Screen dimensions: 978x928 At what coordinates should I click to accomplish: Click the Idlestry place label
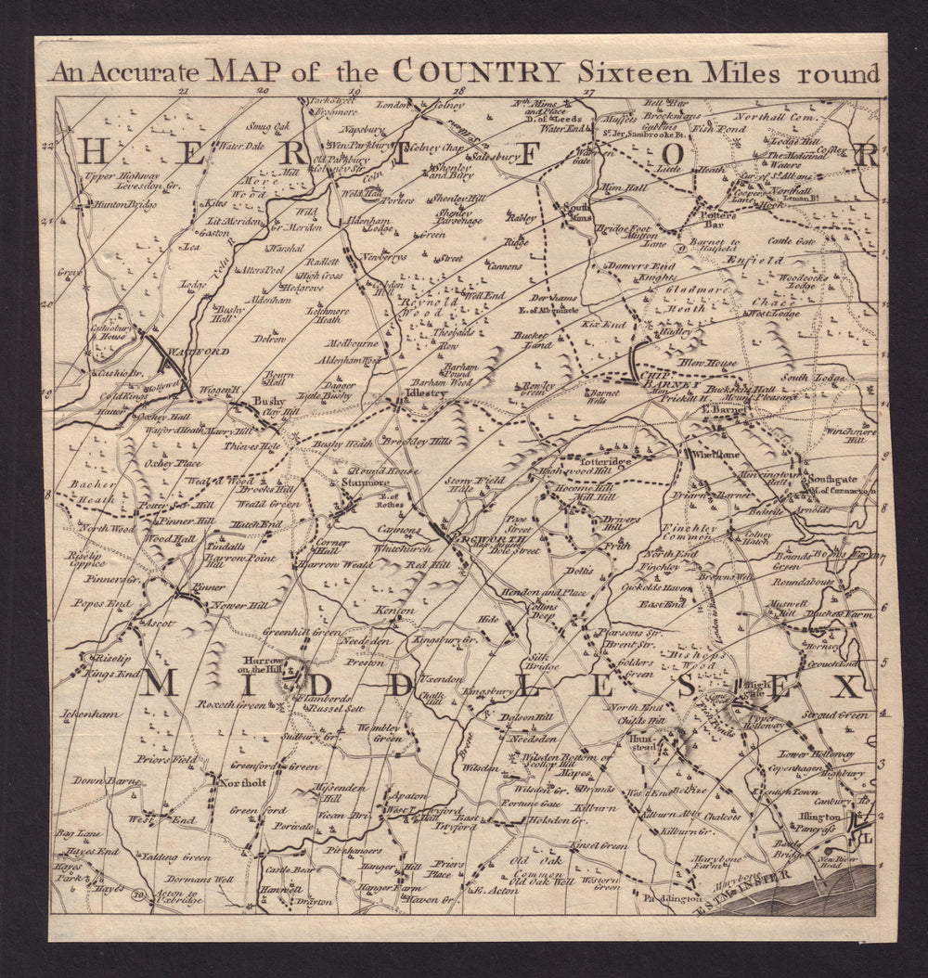[426, 393]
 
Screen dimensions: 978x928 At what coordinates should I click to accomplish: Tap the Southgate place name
[831, 480]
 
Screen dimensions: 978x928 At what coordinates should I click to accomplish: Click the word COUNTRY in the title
[478, 72]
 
